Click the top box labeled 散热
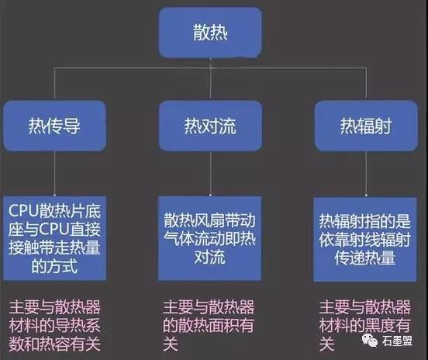(210, 33)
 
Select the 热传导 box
(54, 126)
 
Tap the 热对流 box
(210, 126)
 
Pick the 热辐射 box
(366, 126)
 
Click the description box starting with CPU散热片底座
(54, 238)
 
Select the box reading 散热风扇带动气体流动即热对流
(209, 238)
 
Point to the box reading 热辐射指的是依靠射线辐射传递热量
(365, 239)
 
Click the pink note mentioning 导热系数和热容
(54, 325)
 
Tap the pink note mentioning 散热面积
(209, 325)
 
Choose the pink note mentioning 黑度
(365, 325)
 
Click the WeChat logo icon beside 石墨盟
(370, 341)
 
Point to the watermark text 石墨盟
(397, 341)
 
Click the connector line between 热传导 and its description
(54, 174)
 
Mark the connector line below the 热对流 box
(210, 174)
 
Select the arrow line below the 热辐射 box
(366, 174)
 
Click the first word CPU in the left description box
(24, 211)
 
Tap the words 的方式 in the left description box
(54, 266)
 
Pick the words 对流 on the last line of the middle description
(209, 258)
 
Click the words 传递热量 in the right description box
(365, 258)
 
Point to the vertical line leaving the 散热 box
(210, 78)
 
